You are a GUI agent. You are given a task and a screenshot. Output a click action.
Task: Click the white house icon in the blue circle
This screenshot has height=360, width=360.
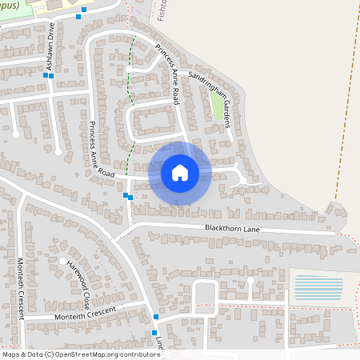[180, 173]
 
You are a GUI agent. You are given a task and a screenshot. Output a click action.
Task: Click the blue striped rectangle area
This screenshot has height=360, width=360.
[318, 287]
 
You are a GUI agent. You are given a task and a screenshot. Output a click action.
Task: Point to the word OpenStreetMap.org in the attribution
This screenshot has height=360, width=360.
[94, 354]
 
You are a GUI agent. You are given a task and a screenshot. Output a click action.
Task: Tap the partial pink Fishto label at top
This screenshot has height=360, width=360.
[162, 10]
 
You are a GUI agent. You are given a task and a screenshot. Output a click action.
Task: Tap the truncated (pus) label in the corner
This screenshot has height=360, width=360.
[13, 3]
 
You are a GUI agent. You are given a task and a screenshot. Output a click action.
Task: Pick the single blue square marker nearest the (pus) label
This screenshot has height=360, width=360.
[78, 16]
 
